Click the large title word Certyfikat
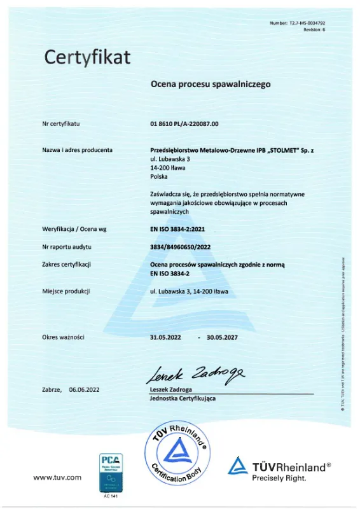click(x=87, y=57)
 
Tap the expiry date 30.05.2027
click(x=222, y=337)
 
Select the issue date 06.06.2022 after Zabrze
click(x=84, y=389)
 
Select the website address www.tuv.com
click(x=57, y=477)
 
